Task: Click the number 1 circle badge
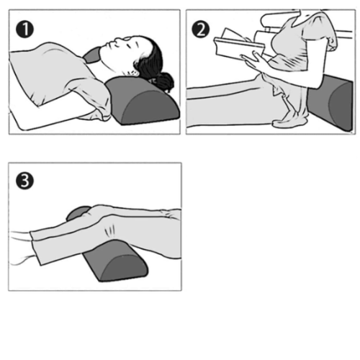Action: (24, 30)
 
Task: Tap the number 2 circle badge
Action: (201, 30)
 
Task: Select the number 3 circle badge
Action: (24, 181)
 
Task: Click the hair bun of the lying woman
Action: (165, 81)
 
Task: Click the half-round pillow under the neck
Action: (143, 100)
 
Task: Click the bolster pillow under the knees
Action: (115, 261)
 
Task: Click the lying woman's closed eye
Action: (129, 45)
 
